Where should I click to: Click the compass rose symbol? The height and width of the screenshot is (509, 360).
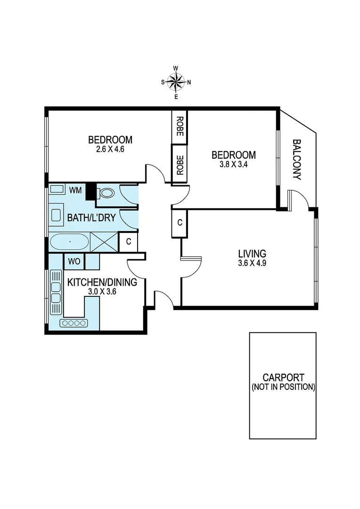[176, 82]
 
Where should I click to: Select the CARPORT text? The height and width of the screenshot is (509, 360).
[283, 378]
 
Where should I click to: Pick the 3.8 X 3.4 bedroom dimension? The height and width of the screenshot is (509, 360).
[233, 164]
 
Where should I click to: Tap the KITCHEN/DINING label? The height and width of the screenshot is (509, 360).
[102, 282]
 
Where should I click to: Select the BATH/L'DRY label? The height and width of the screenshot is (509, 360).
[91, 218]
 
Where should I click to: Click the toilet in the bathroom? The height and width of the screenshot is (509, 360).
[107, 193]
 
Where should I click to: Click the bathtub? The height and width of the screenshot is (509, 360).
[69, 242]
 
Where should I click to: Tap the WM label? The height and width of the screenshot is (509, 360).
[75, 190]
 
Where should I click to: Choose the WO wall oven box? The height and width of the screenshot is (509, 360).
[74, 261]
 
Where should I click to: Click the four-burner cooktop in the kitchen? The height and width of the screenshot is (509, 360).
[74, 323]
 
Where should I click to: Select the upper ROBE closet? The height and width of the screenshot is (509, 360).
[180, 126]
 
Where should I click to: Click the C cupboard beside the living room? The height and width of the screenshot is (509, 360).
[180, 222]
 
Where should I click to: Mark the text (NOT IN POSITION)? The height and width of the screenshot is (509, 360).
[283, 387]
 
